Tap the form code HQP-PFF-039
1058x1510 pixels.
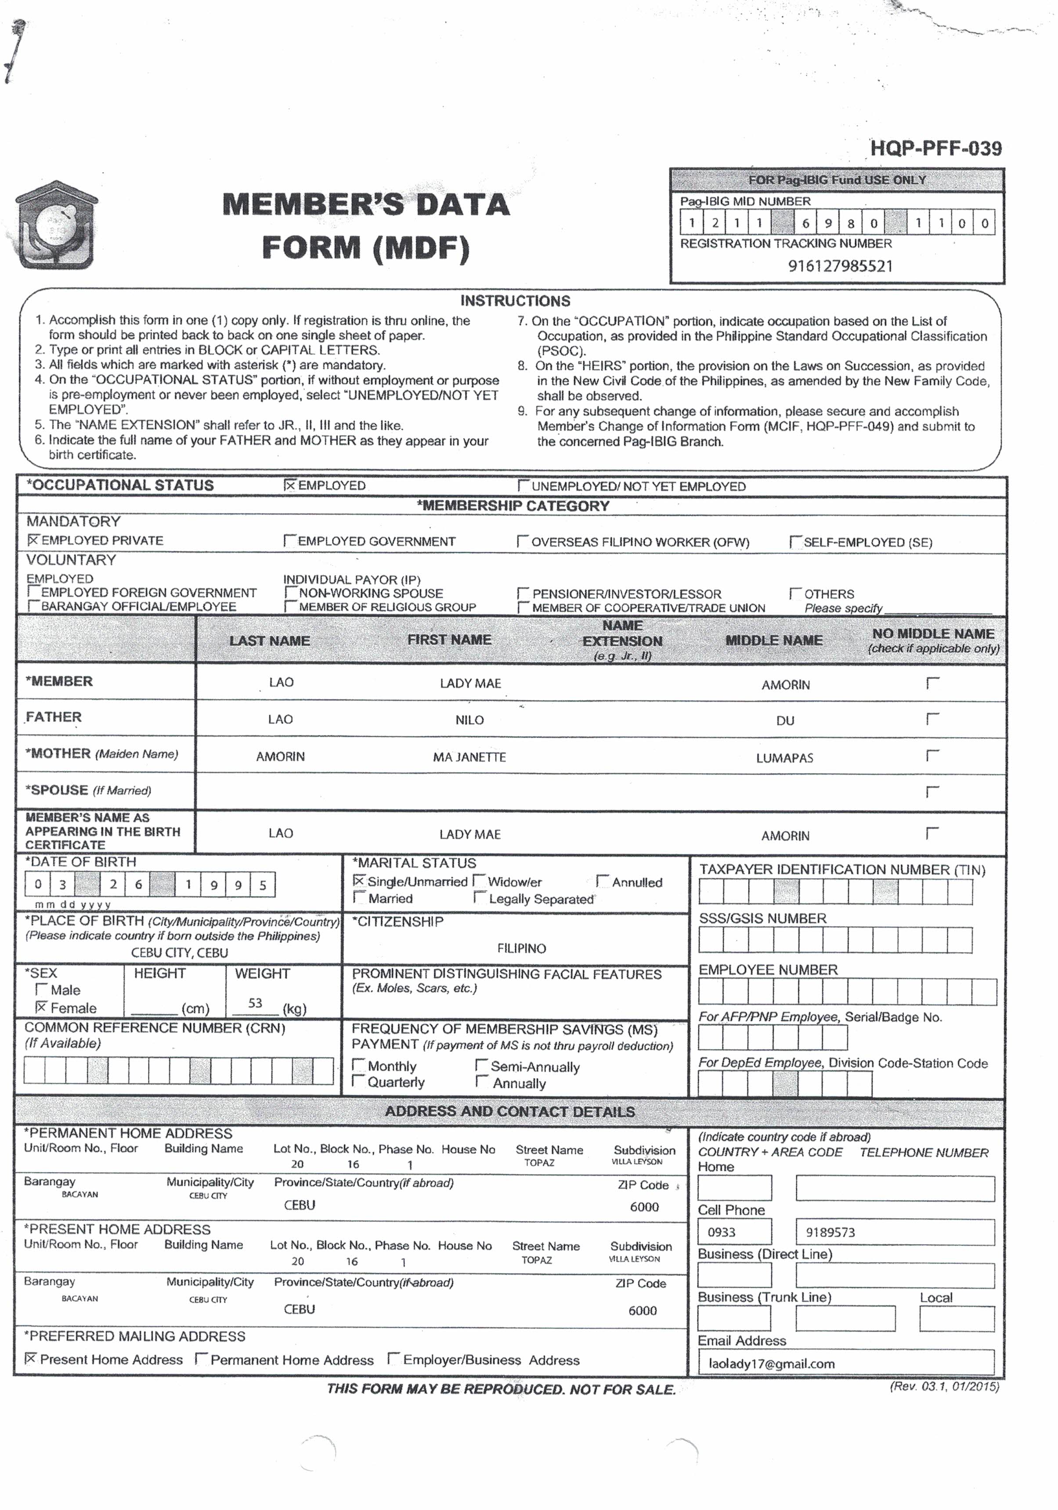[x=935, y=148]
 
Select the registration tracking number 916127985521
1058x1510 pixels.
[x=840, y=266]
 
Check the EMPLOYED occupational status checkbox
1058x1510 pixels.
[x=290, y=485]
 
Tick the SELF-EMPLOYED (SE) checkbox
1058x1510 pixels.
[x=795, y=542]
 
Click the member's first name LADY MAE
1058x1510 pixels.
[x=470, y=683]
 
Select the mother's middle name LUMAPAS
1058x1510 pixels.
[x=784, y=757]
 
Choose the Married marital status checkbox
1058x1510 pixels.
[x=359, y=898]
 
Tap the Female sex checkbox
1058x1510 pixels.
[x=41, y=1007]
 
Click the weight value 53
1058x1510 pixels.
[x=255, y=1003]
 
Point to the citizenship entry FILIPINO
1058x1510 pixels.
[x=521, y=949]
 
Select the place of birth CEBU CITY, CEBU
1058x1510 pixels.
[x=180, y=952]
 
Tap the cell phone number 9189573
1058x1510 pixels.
[x=830, y=1232]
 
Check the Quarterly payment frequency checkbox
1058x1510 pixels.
[x=358, y=1082]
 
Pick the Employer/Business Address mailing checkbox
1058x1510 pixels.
[x=393, y=1359]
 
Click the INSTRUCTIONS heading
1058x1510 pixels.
[x=515, y=301]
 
